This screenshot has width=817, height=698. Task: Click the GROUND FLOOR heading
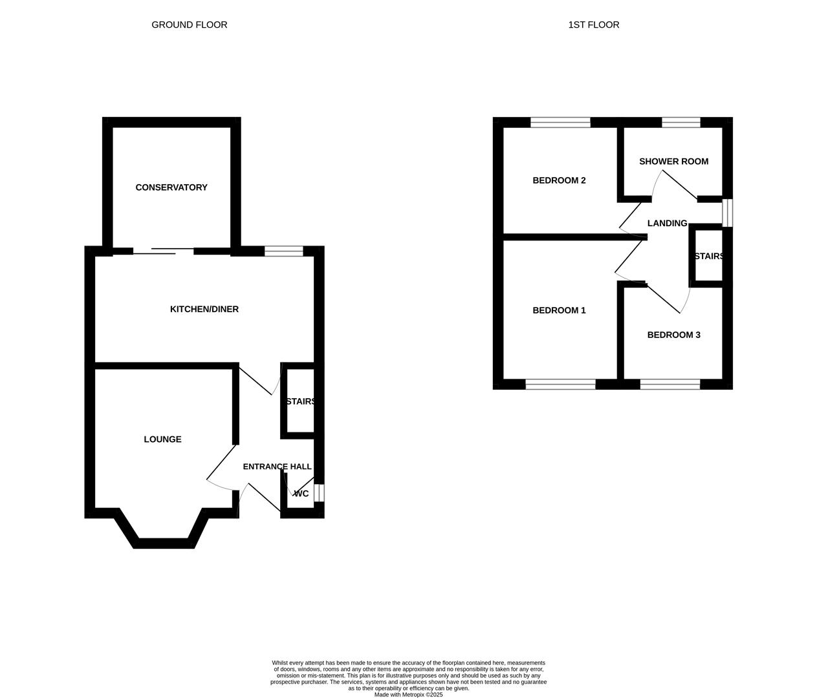point(189,25)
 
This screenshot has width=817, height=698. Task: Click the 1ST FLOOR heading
point(593,25)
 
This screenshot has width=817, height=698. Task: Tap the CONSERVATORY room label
point(171,187)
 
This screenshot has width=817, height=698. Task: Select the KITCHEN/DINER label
point(204,309)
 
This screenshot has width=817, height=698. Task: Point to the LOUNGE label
point(162,439)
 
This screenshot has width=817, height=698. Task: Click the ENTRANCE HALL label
point(277,467)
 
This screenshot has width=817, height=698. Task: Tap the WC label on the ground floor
point(301,494)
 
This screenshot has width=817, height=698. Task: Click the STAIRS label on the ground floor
point(300,401)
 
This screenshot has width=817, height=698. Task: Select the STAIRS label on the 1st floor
point(708,257)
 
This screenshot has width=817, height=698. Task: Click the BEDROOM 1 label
point(559,310)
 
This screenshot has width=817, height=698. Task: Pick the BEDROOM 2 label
point(559,180)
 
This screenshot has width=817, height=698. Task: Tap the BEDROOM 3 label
point(673,335)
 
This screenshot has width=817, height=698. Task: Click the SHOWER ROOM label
point(673,162)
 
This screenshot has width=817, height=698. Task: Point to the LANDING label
point(667,224)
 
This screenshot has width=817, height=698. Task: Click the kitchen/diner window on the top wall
point(283,251)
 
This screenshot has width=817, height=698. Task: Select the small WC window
point(319,493)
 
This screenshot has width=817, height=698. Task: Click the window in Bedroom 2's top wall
point(560,122)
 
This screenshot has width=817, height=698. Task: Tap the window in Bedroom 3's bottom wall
point(670,385)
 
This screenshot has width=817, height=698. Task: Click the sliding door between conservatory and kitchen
point(163,251)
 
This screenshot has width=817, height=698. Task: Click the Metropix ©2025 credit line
point(408,695)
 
